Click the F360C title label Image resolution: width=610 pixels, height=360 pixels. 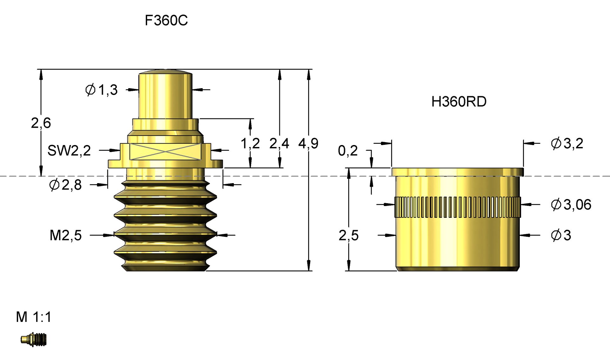[x=166, y=21]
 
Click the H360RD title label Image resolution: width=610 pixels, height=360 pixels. [x=459, y=102]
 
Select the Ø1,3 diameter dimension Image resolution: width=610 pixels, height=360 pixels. [x=102, y=90]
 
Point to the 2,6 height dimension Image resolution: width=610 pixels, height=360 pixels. [x=41, y=123]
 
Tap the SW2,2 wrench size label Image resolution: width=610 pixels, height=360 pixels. [x=69, y=150]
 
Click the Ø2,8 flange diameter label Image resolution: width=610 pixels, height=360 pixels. [x=65, y=185]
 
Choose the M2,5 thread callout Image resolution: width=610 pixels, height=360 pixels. [x=66, y=236]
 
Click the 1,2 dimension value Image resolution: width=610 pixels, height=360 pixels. [x=250, y=143]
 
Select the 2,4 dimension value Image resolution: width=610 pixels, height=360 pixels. [x=279, y=143]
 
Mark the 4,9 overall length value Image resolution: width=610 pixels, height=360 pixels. [x=308, y=143]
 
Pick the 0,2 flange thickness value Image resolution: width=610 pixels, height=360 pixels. [x=348, y=151]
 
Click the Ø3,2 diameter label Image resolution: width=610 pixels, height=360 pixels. [x=567, y=143]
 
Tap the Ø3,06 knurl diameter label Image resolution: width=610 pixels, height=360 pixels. [x=571, y=205]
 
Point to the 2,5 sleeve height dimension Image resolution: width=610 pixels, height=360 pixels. [x=349, y=236]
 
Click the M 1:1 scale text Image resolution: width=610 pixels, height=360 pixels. [x=34, y=317]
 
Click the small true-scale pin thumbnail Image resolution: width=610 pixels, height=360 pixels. [x=34, y=339]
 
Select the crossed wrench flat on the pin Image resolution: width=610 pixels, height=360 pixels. [x=165, y=151]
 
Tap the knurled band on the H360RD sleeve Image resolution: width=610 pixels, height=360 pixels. [x=457, y=207]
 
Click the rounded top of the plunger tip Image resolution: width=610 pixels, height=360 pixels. [x=165, y=72]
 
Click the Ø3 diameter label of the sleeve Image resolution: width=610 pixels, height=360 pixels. [x=561, y=236]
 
